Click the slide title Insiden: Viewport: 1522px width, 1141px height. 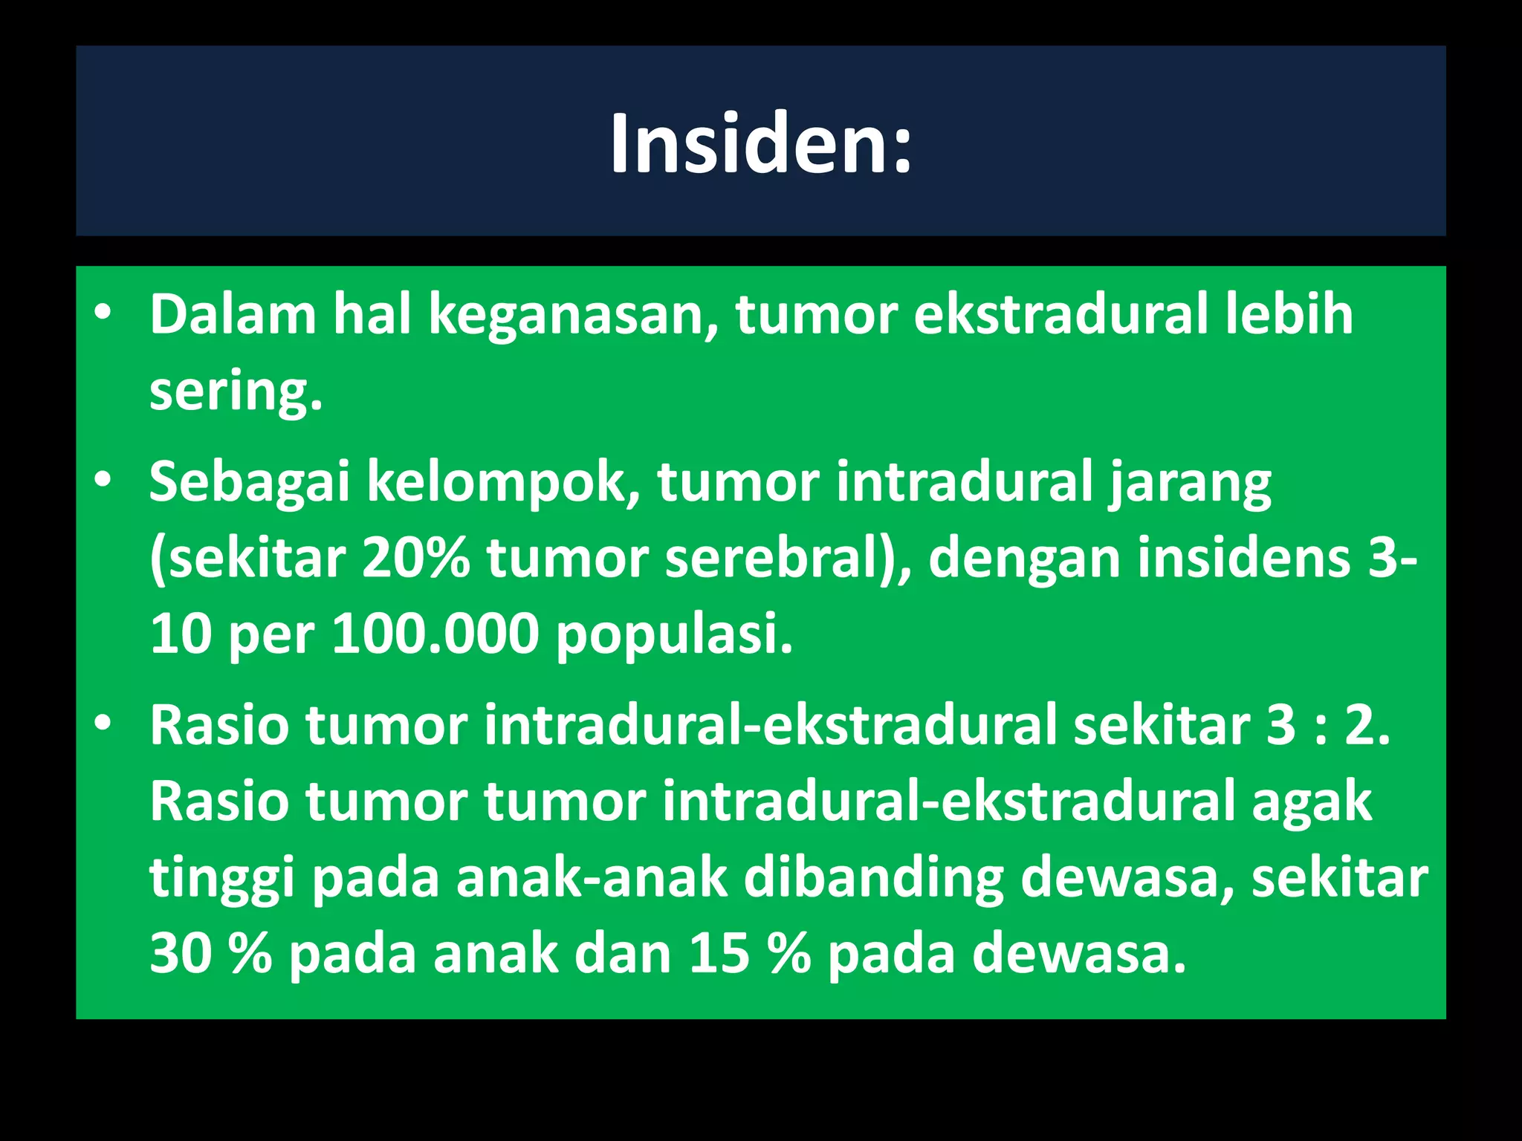[x=761, y=144]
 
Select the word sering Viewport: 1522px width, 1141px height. [x=236, y=391]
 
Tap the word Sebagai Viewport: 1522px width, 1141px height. [x=249, y=483]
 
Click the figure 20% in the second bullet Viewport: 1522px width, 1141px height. [x=416, y=558]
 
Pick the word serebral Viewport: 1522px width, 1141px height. [x=780, y=558]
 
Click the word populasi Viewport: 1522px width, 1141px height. [x=674, y=636]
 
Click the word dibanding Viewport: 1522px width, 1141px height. [x=873, y=878]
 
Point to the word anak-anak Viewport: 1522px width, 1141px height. [x=592, y=878]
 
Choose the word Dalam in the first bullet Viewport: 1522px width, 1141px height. [x=233, y=316]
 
